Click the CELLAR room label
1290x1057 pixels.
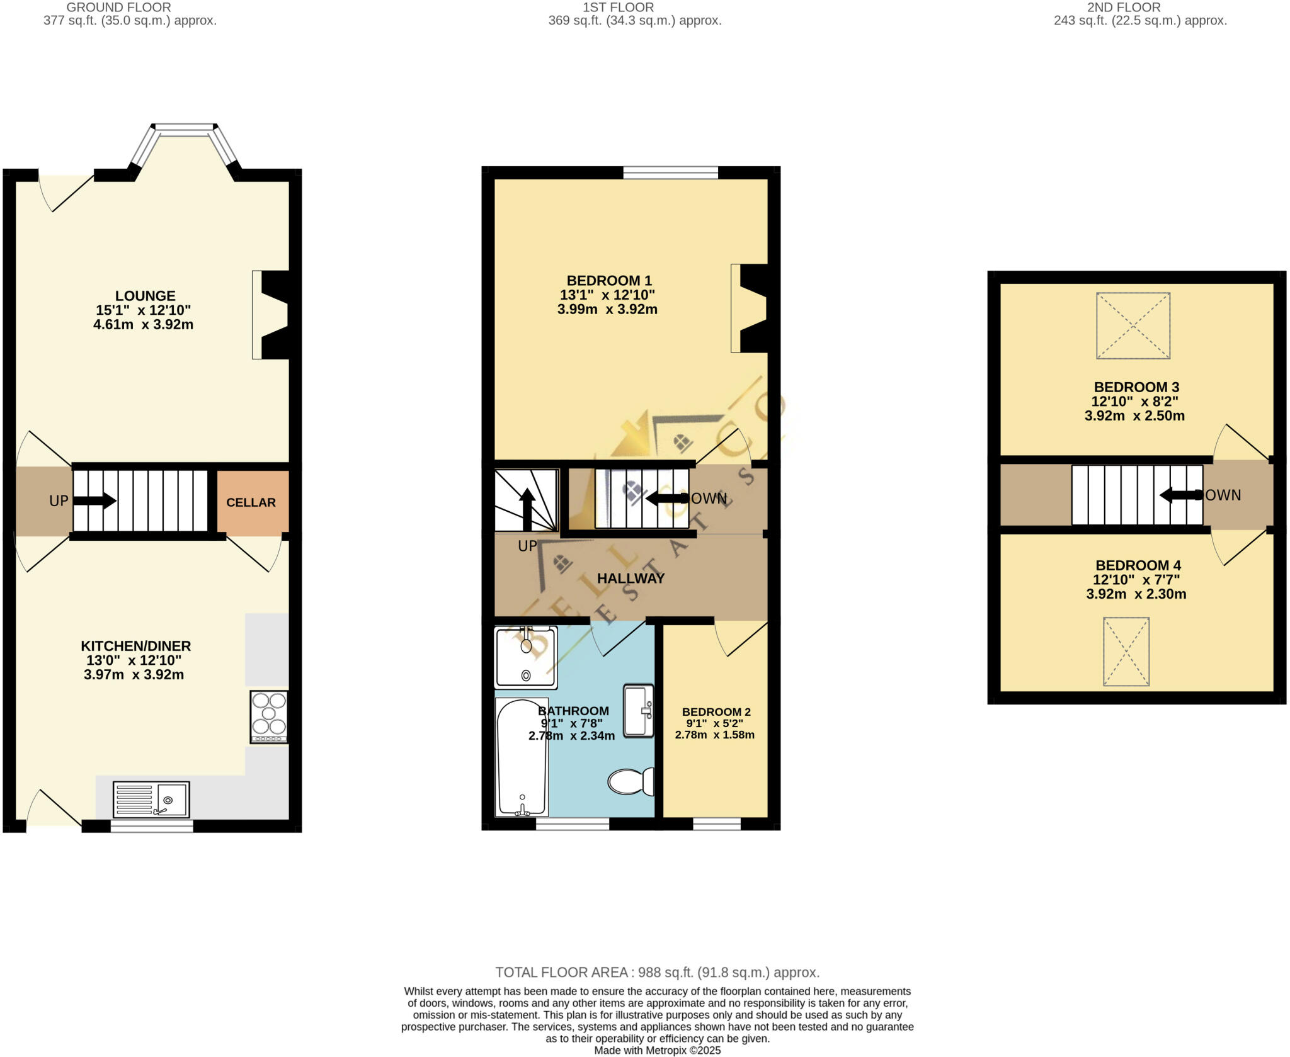click(x=251, y=502)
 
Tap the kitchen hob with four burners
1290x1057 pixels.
click(x=269, y=716)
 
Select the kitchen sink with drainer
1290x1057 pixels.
click(x=151, y=799)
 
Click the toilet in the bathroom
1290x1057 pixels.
click(x=631, y=781)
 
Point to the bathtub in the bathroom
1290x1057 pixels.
click(x=522, y=757)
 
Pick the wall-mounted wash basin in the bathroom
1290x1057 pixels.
click(x=639, y=710)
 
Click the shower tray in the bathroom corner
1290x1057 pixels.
click(x=526, y=657)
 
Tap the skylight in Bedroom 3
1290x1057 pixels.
click(x=1133, y=325)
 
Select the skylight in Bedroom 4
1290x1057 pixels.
click(x=1126, y=651)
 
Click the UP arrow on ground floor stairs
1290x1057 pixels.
click(x=94, y=501)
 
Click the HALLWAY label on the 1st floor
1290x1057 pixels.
click(x=631, y=578)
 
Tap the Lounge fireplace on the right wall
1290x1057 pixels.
click(x=271, y=315)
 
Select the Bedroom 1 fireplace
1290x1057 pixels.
click(x=750, y=308)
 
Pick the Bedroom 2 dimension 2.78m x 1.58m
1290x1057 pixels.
click(x=714, y=735)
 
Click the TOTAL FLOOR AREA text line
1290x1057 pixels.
click(x=657, y=972)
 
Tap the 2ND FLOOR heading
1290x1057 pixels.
click(x=1124, y=8)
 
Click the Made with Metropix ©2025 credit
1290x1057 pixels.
click(x=657, y=1050)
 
